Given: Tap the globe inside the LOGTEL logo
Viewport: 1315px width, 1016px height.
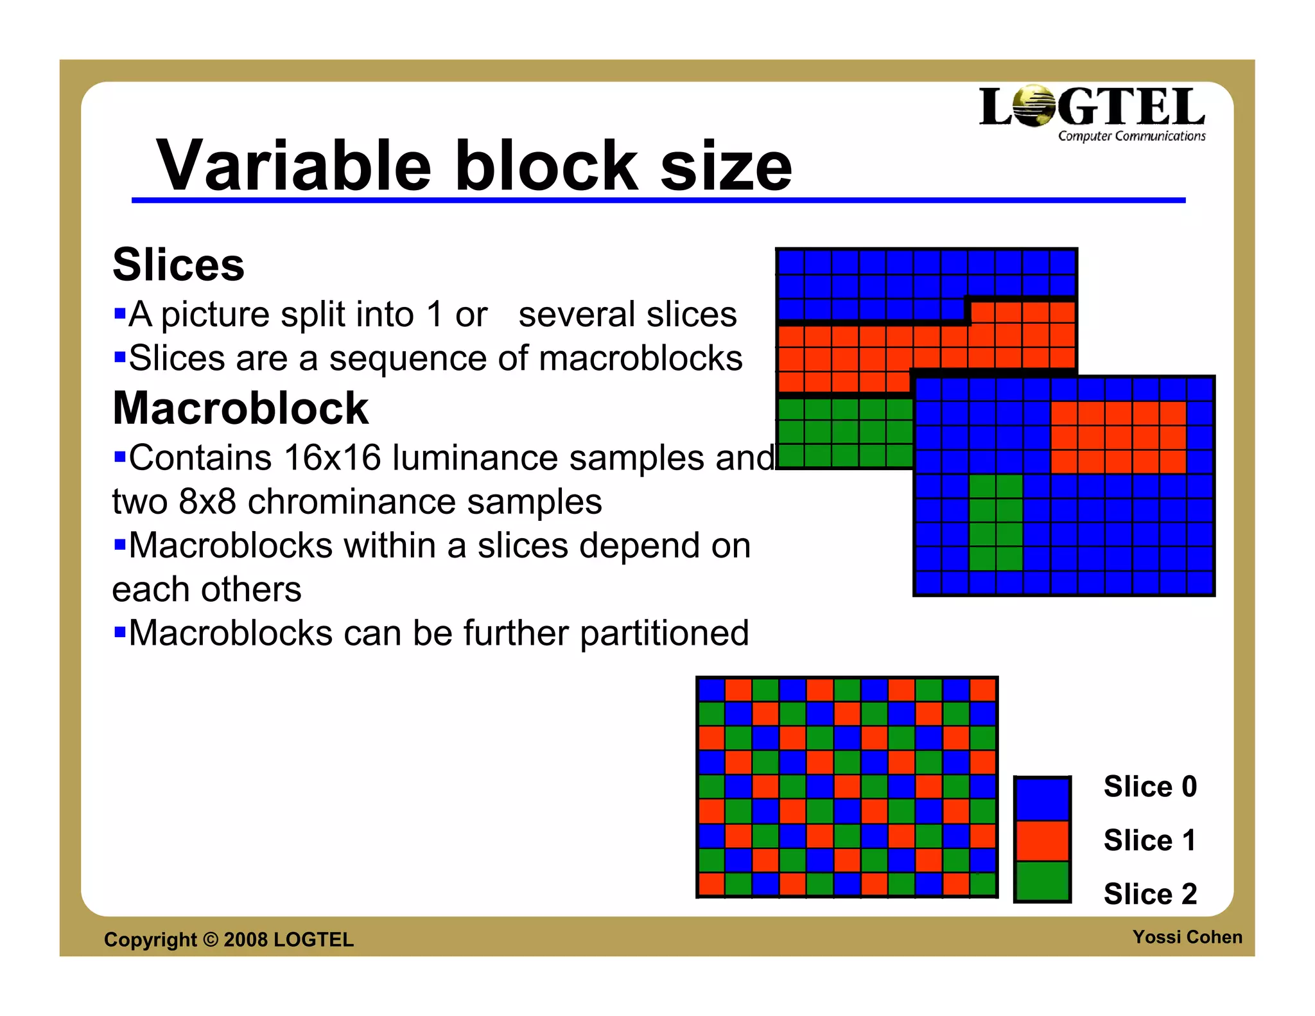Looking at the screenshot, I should [1034, 107].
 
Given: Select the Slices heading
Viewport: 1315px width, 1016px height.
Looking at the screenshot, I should [179, 265].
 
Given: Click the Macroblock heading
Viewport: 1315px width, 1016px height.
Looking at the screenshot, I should [240, 408].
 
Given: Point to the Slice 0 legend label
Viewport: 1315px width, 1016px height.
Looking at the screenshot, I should [1149, 787].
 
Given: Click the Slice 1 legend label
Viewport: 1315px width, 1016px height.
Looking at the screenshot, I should [1149, 840].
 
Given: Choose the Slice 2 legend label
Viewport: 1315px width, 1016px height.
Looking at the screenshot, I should [1149, 894].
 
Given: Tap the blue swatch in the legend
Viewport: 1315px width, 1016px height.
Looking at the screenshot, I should [1042, 798].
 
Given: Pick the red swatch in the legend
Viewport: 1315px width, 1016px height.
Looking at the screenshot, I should [1042, 841].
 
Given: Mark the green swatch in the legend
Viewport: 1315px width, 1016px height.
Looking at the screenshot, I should [1042, 880].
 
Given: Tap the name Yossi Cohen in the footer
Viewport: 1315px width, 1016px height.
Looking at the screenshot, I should [1187, 937].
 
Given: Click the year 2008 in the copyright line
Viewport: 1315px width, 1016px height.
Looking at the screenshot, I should [245, 940].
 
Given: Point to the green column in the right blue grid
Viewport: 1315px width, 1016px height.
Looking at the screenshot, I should [995, 522].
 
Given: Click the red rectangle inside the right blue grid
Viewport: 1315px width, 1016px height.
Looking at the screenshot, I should [1118, 437].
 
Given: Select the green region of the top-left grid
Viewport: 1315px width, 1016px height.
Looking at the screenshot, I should [844, 432].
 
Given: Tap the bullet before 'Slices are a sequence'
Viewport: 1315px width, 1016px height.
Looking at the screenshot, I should [119, 356].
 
